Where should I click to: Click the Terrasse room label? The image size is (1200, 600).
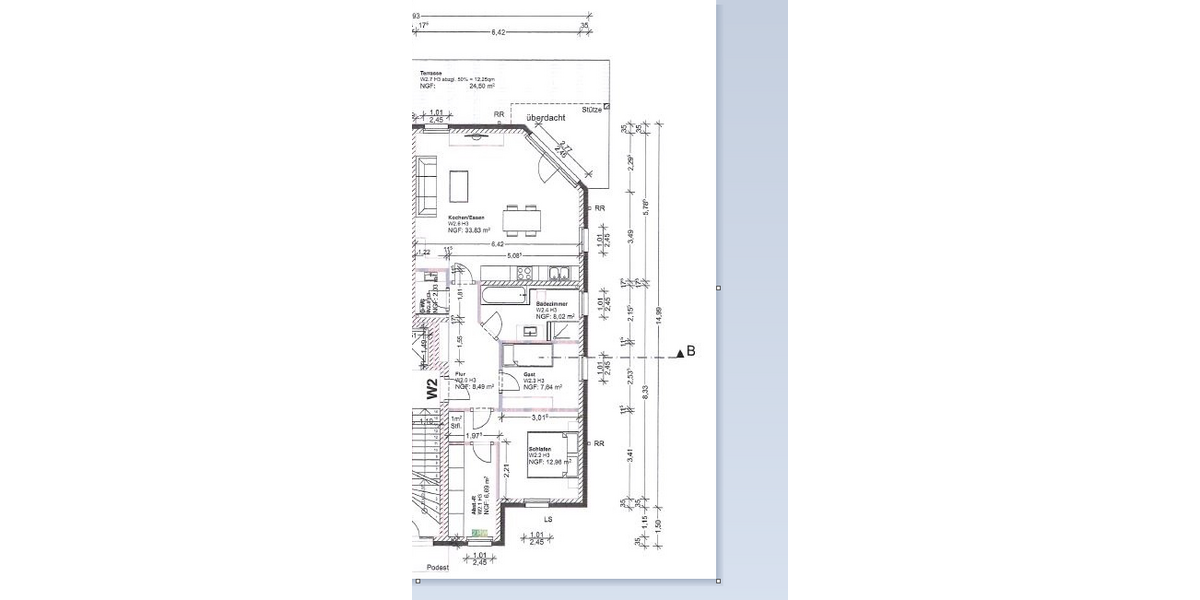coord(431,73)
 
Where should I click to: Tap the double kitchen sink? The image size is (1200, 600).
coord(559,273)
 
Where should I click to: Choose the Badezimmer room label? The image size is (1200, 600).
coord(552,303)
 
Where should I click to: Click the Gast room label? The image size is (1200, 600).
coord(529,373)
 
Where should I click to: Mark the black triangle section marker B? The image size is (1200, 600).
coord(679,352)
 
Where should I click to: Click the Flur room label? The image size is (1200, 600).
coord(460,373)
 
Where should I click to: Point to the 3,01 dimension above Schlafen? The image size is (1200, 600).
coord(541,417)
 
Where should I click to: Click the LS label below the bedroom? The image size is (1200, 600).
coord(547,520)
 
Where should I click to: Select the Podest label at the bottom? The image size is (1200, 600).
coord(437,567)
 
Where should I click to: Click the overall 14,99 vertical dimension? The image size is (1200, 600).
coord(657,315)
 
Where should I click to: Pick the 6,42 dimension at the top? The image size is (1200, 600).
coord(498,33)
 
